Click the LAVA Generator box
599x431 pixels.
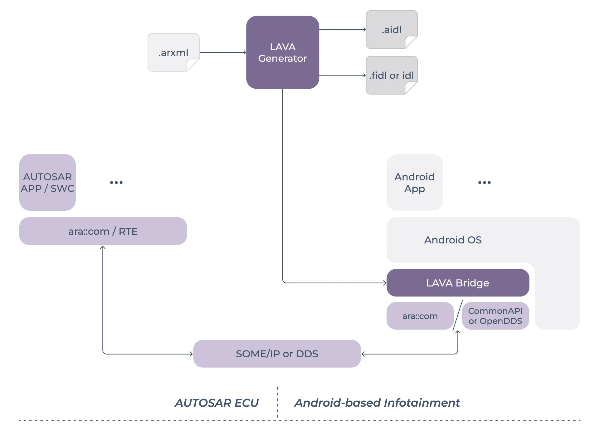click(282, 52)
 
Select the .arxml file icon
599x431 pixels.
click(173, 52)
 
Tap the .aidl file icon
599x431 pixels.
click(392, 30)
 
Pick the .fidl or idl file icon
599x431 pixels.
click(392, 75)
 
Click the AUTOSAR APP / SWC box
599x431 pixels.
click(47, 182)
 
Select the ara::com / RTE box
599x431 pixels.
click(103, 231)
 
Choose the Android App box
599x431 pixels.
click(415, 182)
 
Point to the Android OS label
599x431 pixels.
click(453, 240)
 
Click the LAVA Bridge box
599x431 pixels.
click(458, 283)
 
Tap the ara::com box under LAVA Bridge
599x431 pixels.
click(420, 316)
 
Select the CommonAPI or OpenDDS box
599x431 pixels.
click(495, 316)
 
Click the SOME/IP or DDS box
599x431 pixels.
click(277, 354)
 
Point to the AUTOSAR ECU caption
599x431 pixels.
click(217, 403)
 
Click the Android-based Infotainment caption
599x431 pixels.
click(377, 403)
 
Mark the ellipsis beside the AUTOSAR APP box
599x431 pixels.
click(116, 183)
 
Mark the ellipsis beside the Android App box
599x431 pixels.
click(485, 183)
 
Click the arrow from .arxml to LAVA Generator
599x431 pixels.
click(223, 52)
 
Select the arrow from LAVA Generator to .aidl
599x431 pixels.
click(342, 30)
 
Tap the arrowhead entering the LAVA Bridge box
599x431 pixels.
click(385, 283)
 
